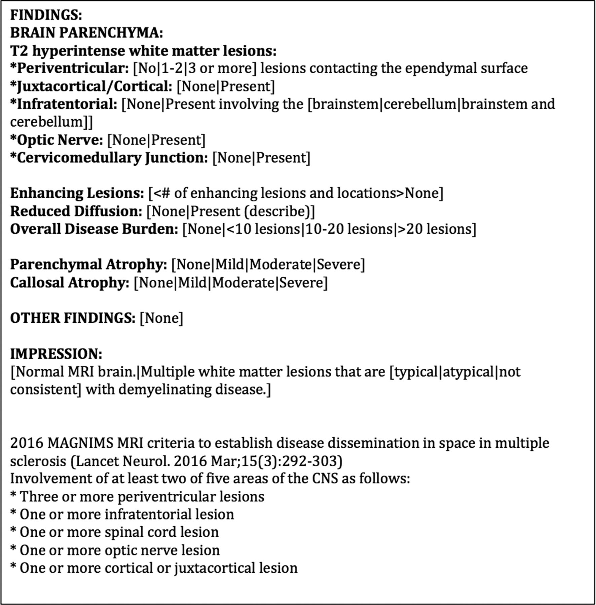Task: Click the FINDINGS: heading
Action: [x=46, y=15]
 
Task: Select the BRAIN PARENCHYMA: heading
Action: [x=86, y=33]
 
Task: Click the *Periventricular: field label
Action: [x=69, y=69]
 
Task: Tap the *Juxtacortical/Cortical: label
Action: [x=91, y=87]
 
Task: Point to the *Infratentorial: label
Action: [x=64, y=104]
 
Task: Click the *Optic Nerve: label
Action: [x=57, y=140]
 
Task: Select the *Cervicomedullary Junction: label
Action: [x=109, y=158]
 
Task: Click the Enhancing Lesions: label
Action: [x=77, y=193]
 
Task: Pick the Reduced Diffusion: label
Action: [x=76, y=211]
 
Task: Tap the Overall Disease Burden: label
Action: [x=94, y=229]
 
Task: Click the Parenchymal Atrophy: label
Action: [x=88, y=265]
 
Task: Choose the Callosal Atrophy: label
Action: [x=70, y=283]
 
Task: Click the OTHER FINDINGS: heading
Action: [x=72, y=318]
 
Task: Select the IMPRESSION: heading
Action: [x=56, y=354]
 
